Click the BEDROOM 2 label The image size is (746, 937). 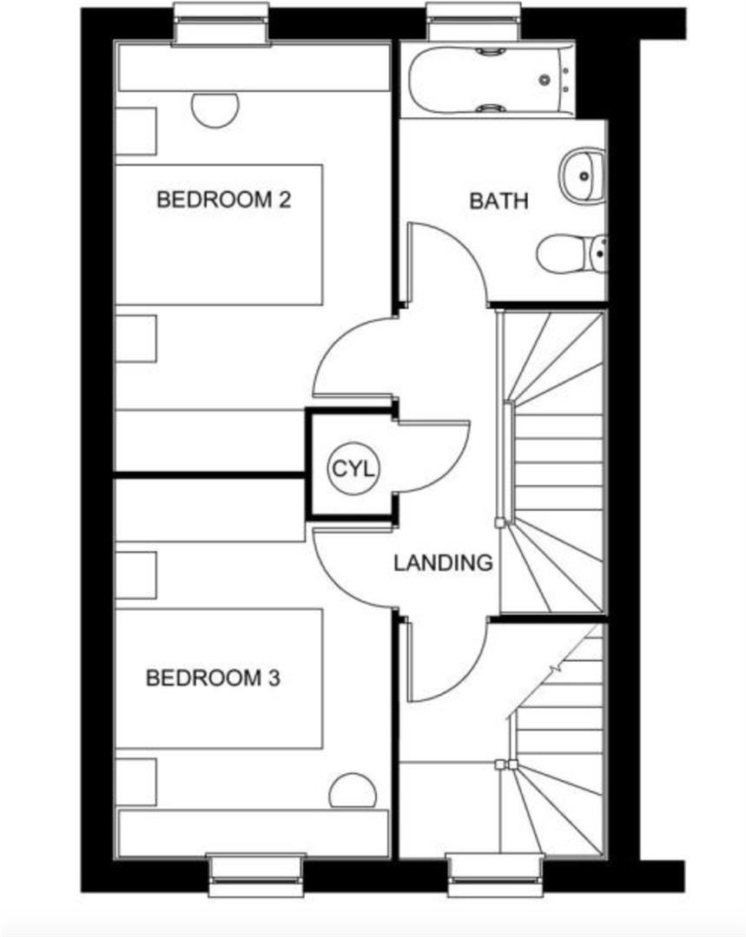tap(223, 200)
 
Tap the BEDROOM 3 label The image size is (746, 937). tap(213, 678)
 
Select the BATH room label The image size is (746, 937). tap(498, 201)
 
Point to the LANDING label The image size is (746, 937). tap(443, 562)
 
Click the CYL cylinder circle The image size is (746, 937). tap(353, 470)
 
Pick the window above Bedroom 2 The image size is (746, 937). tap(220, 24)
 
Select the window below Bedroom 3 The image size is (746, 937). tap(256, 875)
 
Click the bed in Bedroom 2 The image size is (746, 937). tap(219, 234)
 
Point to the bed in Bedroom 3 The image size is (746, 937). tap(219, 678)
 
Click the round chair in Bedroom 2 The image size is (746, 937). tap(215, 108)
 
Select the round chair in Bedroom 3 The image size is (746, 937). tap(353, 791)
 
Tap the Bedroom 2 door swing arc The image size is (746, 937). tap(347, 364)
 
